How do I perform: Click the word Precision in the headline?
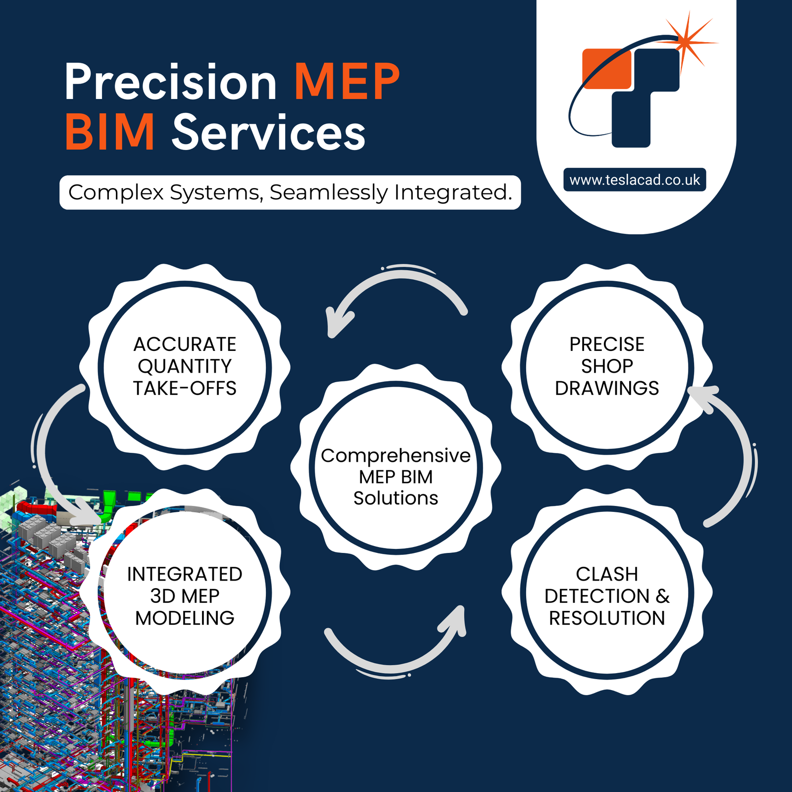click(170, 82)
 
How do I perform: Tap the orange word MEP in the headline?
click(347, 82)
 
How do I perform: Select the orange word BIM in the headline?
click(110, 133)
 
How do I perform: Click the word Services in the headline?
click(269, 133)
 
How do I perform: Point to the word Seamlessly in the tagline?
click(329, 193)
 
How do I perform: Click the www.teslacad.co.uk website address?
click(635, 180)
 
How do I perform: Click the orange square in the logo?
click(605, 68)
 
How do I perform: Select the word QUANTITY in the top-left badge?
click(185, 366)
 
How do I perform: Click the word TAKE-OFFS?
click(185, 389)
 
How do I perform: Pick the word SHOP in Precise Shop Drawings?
click(607, 366)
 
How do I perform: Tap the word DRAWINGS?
click(607, 389)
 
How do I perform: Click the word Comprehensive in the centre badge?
click(396, 455)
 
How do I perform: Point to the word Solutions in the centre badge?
click(396, 498)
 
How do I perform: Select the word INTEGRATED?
click(185, 574)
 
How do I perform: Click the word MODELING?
click(185, 618)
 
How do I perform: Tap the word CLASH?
click(607, 574)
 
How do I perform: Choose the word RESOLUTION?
click(607, 618)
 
